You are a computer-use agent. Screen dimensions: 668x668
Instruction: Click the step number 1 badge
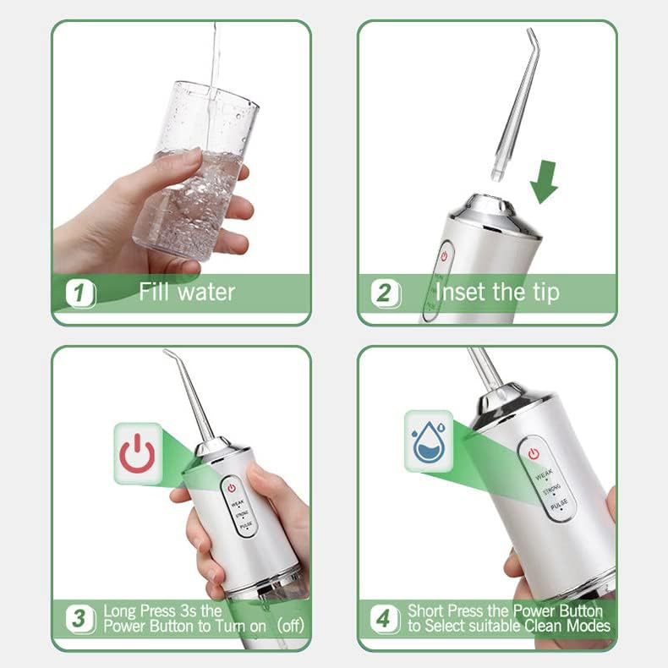(80, 293)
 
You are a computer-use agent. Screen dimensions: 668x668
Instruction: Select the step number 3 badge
(80, 618)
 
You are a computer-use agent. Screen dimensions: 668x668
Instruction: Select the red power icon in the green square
(137, 454)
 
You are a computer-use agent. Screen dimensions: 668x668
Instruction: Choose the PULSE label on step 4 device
(559, 506)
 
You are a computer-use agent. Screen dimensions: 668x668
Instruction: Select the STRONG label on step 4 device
(551, 490)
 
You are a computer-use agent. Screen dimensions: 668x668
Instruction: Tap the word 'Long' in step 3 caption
(118, 610)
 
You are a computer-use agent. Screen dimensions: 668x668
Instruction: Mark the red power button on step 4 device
(534, 454)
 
